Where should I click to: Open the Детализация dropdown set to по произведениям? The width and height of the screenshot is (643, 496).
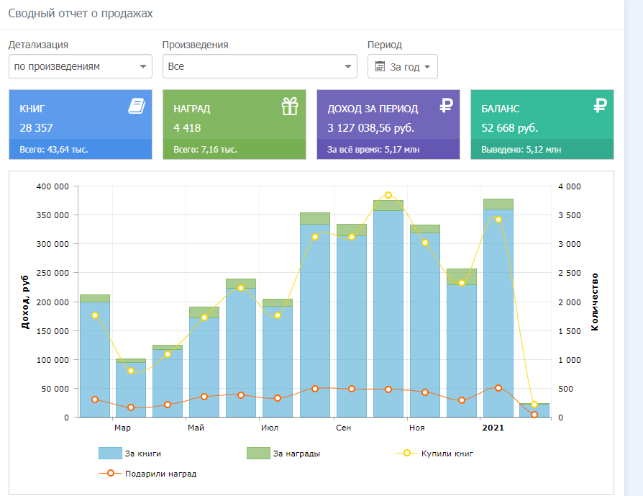(81, 66)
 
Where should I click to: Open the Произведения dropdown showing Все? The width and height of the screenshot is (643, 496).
(260, 66)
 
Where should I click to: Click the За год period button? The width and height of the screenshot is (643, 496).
(402, 66)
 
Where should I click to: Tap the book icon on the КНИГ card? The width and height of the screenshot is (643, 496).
(137, 106)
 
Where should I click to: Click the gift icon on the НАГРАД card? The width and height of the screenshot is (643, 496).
(290, 106)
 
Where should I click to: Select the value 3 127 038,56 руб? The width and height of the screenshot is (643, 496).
(370, 128)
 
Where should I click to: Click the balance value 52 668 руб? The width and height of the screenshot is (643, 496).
(509, 128)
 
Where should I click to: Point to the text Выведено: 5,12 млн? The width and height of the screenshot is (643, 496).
(521, 150)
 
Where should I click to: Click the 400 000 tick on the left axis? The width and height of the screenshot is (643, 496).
(53, 186)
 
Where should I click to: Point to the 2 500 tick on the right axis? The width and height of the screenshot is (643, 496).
(570, 273)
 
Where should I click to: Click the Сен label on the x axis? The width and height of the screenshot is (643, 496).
(343, 428)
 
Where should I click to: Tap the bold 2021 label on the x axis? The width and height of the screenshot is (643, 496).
(493, 428)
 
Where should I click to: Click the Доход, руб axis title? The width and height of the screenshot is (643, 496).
(25, 302)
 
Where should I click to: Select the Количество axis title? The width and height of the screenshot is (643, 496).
(595, 302)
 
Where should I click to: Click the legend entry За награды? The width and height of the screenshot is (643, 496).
(283, 454)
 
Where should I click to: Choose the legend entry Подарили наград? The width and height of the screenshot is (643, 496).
(148, 474)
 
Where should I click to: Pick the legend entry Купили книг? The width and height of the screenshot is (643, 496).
(434, 454)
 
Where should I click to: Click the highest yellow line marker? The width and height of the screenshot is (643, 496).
(388, 195)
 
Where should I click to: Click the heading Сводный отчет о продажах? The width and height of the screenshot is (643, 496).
(81, 13)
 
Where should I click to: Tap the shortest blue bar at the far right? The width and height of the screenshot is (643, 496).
(534, 410)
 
